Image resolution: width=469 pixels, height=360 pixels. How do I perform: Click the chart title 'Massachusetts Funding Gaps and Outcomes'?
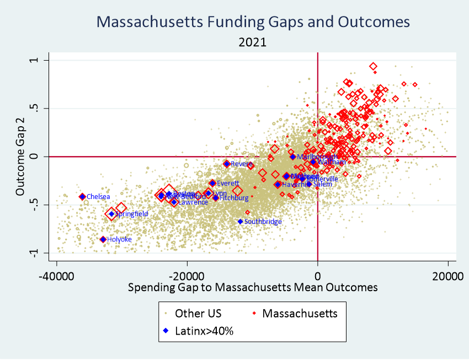pos(253,22)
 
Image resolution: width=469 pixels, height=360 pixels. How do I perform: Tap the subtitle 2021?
pos(253,42)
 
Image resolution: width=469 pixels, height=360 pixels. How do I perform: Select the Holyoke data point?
pos(103,239)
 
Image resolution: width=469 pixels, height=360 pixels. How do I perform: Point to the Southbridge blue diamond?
pos(240,222)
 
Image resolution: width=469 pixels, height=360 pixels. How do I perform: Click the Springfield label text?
pos(131,214)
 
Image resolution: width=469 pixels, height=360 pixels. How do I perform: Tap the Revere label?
pos(241,164)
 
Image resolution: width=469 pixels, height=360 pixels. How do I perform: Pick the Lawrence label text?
pos(193,202)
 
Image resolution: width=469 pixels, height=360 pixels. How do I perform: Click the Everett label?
pos(228,183)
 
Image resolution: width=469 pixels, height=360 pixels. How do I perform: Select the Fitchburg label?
pos(234,197)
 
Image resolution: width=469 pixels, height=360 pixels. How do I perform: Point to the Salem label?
pos(322,184)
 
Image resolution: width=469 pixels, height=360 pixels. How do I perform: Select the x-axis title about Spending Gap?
pos(253,287)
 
